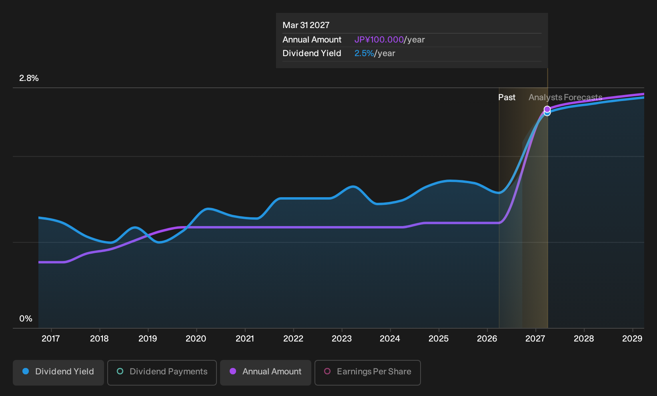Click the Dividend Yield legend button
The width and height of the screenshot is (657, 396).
pos(58,372)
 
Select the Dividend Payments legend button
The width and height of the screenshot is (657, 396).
pos(162,372)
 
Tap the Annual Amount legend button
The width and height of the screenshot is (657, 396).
pos(265,372)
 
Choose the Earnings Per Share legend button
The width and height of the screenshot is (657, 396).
pos(367,372)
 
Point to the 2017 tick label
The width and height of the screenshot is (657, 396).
pos(51,338)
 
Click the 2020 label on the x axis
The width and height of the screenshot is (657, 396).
pos(196,338)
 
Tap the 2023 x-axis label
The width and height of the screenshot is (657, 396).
pos(342,338)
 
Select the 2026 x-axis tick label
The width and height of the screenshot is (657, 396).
pos(487,338)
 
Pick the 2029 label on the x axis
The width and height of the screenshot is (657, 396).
pos(632,338)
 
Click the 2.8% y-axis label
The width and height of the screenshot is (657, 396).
pos(29,78)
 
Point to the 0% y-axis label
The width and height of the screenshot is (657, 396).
pos(26,319)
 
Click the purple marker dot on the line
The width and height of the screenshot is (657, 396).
pos(547,109)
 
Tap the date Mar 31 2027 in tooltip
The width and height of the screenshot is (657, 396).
pos(306,25)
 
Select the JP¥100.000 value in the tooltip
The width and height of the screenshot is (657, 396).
pos(379,40)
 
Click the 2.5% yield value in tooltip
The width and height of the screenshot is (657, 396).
pos(364,53)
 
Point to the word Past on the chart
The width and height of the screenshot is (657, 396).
pos(507,97)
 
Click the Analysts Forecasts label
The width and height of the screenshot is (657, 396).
pos(565,97)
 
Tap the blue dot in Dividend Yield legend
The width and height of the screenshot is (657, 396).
pos(26,371)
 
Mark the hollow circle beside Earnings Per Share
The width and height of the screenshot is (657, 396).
pos(327,371)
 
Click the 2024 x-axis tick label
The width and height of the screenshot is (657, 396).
pos(390,338)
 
